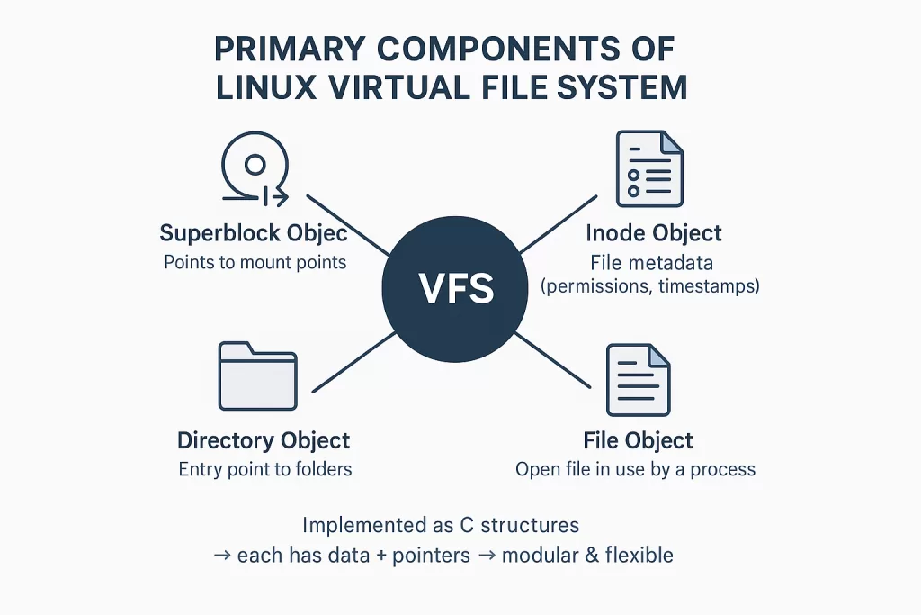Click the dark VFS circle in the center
pos(456,289)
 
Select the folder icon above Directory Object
pos(258,375)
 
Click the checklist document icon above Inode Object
pos(648,168)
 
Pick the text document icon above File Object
pos(638,377)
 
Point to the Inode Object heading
pos(654,233)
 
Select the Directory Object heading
pos(264,440)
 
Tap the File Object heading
pos(638,440)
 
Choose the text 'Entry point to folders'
pos(264,469)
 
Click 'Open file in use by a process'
pos(635,469)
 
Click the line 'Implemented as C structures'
pos(441,525)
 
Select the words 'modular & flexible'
pos(587,555)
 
